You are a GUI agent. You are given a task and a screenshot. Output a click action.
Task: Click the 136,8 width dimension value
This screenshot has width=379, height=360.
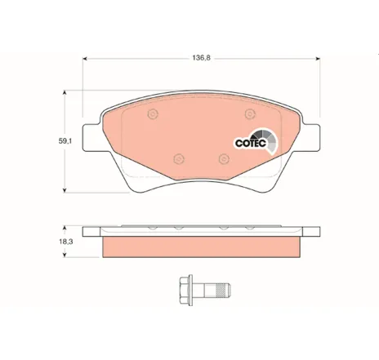click(x=201, y=58)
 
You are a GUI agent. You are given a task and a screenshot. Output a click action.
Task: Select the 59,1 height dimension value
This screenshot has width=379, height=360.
click(x=65, y=141)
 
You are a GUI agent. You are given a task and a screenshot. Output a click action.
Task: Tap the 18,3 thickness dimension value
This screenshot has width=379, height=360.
click(x=65, y=242)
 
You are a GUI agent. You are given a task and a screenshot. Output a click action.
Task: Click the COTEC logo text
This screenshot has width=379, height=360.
click(x=251, y=143)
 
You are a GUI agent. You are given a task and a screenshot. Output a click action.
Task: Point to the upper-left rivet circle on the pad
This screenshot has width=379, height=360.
click(x=153, y=113)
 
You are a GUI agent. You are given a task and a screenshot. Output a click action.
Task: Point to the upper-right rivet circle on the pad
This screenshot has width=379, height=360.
click(x=250, y=113)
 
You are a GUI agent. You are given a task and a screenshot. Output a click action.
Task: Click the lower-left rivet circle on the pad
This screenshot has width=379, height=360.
click(x=179, y=158)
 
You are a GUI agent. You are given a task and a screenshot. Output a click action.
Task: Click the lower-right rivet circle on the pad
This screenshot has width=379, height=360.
click(x=224, y=158)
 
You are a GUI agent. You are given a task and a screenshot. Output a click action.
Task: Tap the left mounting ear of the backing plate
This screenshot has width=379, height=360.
click(x=91, y=137)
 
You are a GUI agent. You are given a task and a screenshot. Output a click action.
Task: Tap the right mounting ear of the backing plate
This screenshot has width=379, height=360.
click(x=311, y=137)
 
